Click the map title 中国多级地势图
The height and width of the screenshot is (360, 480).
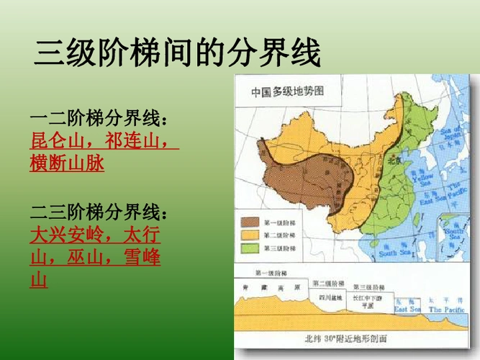tap(287, 92)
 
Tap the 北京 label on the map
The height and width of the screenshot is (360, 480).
tap(394, 161)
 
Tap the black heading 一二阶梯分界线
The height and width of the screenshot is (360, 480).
tap(101, 117)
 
